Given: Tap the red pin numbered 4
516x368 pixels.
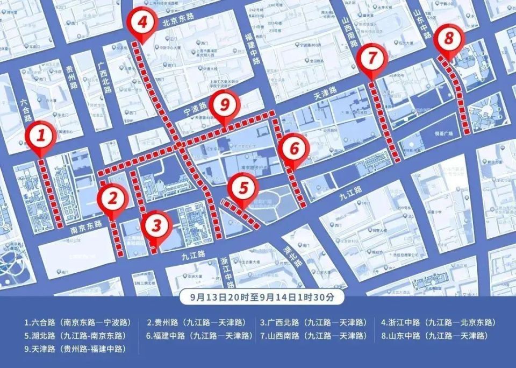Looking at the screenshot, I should (x=142, y=23).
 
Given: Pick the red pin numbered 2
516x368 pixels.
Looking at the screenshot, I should (x=112, y=199).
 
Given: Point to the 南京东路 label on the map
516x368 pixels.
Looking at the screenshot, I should (x=86, y=227).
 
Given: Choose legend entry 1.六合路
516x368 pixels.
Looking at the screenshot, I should (x=77, y=323).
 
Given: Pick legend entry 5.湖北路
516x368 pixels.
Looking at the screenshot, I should (x=77, y=336).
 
